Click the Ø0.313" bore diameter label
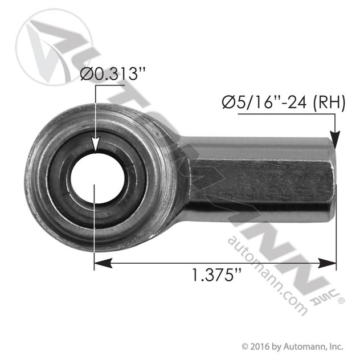(113, 74)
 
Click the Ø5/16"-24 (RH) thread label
(284, 102)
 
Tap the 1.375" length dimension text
(216, 275)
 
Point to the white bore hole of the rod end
(97, 178)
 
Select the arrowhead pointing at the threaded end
(335, 140)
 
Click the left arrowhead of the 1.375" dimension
(103, 263)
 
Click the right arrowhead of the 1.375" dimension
(327, 263)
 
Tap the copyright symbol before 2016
(245, 347)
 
